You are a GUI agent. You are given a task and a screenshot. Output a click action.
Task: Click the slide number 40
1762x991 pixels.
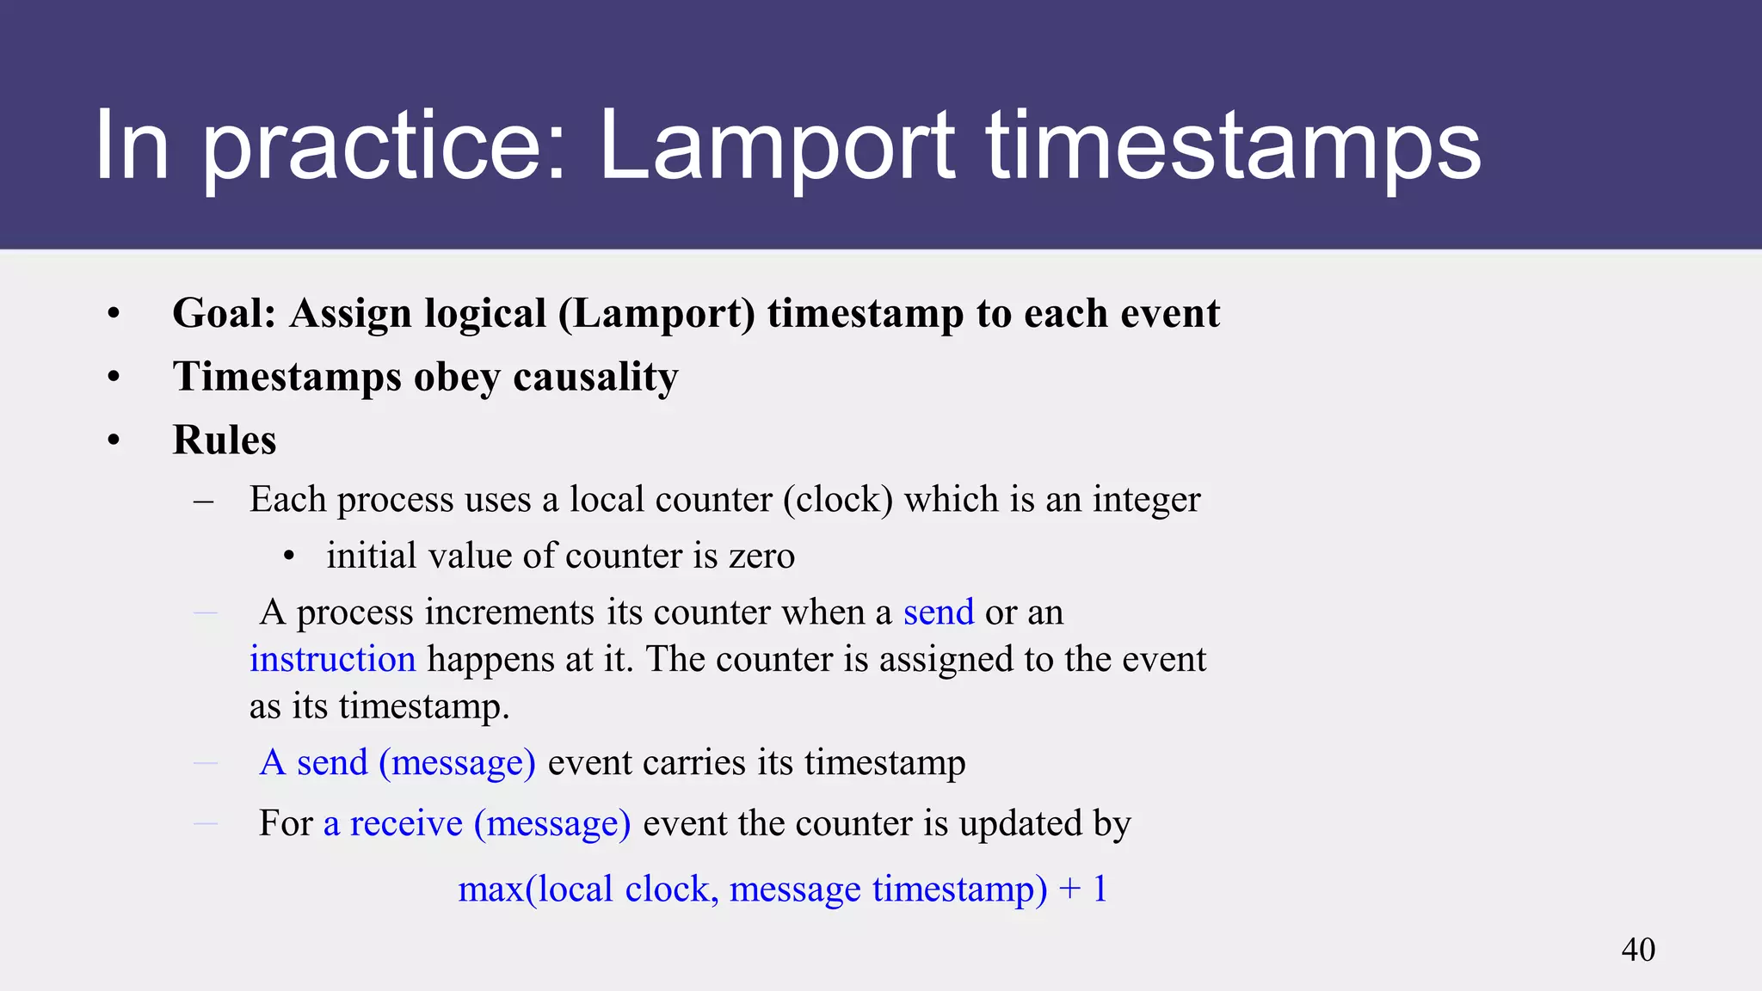[x=1637, y=950]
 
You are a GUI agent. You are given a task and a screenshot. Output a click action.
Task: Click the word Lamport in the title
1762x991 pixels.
[x=776, y=146]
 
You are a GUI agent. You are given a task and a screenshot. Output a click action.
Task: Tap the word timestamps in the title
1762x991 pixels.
[x=1233, y=146]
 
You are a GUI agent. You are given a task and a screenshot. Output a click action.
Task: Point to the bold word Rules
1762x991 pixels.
[x=224, y=440]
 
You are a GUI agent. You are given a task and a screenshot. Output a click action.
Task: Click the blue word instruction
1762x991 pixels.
[x=332, y=659]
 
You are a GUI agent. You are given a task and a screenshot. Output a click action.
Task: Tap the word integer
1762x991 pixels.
[x=1146, y=499]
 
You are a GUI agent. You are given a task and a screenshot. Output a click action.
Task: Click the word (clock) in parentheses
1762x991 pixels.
[x=838, y=499]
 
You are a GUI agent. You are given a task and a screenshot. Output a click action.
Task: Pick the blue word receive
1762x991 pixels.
[x=406, y=823]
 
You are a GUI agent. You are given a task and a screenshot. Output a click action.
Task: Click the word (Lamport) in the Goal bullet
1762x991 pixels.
[x=656, y=313]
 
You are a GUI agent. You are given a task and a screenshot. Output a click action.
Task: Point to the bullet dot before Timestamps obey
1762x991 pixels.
[x=114, y=377]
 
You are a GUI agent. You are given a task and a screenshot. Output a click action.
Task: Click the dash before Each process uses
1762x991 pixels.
[x=204, y=501]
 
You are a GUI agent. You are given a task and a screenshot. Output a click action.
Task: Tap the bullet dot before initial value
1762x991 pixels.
[x=289, y=557]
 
